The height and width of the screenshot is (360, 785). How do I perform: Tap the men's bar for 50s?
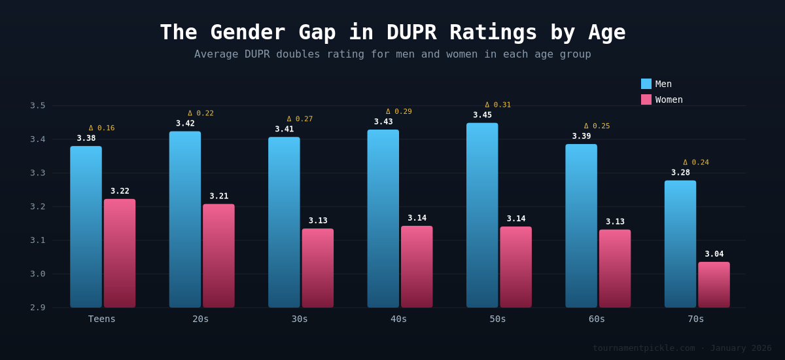point(482,215)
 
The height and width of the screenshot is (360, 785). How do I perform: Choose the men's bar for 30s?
point(284,222)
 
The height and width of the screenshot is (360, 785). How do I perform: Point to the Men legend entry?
point(656,84)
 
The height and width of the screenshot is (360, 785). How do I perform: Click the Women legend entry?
point(661,99)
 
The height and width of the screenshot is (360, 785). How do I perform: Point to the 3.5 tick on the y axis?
point(38,105)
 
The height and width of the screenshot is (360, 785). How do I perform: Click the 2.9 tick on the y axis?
point(38,307)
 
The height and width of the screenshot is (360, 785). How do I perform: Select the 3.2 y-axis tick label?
point(38,206)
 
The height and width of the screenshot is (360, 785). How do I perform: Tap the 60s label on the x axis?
point(597,319)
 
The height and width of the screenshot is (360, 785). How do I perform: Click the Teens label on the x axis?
point(101,319)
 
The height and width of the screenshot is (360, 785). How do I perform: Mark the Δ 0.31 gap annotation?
point(498,105)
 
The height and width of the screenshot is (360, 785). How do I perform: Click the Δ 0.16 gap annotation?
point(101,128)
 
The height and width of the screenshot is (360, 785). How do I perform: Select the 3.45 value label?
point(482,115)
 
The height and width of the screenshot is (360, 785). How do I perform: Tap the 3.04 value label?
point(714,254)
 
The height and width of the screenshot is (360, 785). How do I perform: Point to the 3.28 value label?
point(680,173)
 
